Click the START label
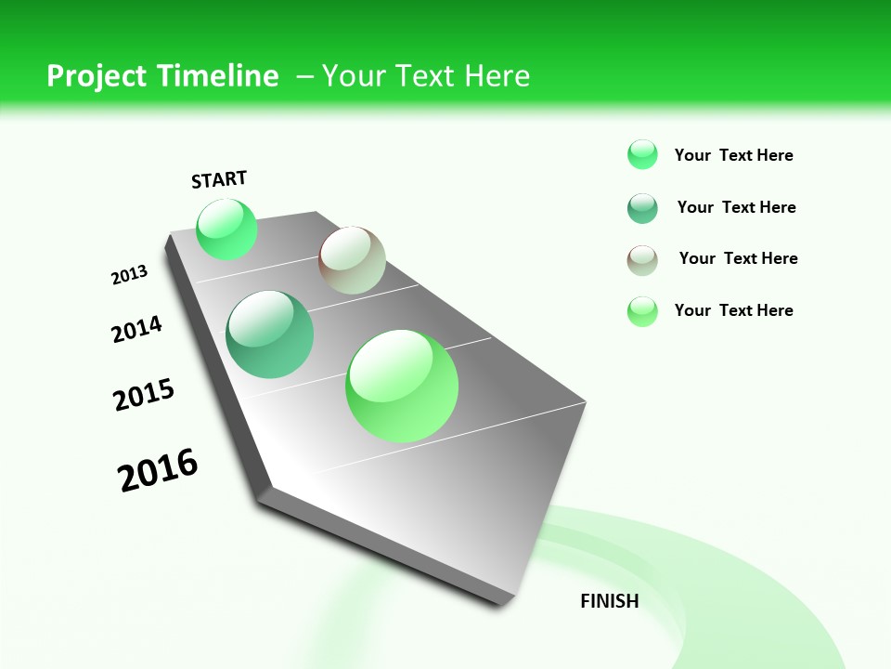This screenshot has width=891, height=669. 219,179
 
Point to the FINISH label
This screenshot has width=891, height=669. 610,601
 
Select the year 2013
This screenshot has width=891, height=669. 130,275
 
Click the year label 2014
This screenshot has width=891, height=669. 137,329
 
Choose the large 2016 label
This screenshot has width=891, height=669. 158,470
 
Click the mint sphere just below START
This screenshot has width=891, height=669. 226,229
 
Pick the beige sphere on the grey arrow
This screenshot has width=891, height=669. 352,260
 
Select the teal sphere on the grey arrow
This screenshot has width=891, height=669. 270,334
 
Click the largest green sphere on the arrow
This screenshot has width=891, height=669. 402,386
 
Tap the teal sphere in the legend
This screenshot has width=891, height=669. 642,208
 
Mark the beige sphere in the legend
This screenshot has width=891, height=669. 642,260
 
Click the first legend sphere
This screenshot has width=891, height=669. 642,154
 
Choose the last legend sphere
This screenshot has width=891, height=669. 642,311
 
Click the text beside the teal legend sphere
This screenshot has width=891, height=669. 736,207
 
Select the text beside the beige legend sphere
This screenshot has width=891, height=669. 738,258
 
